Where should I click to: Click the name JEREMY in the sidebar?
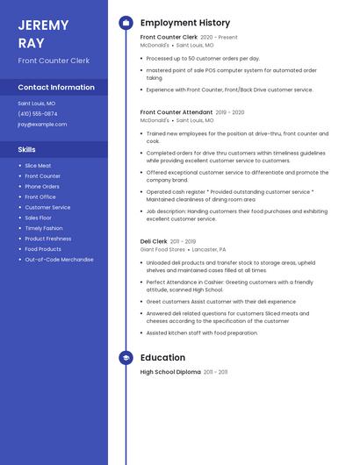(41, 24)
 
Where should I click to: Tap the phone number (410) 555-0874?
(38, 113)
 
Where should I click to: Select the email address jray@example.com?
(42, 124)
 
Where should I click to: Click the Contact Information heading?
(56, 88)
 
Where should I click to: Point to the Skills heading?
(27, 149)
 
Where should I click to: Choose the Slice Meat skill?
(38, 165)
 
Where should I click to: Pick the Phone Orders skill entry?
(42, 186)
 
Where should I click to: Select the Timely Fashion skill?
(44, 228)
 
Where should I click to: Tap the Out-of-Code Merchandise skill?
(59, 260)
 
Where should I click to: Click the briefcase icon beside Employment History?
(126, 23)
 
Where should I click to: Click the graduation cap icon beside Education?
(126, 358)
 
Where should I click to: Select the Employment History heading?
(185, 23)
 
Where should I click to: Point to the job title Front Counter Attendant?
(176, 112)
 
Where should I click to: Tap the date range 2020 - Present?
(219, 38)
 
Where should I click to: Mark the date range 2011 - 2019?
(184, 241)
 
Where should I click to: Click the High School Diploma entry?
(170, 372)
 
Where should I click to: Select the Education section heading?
(162, 358)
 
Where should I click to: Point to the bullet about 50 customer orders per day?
(203, 58)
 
